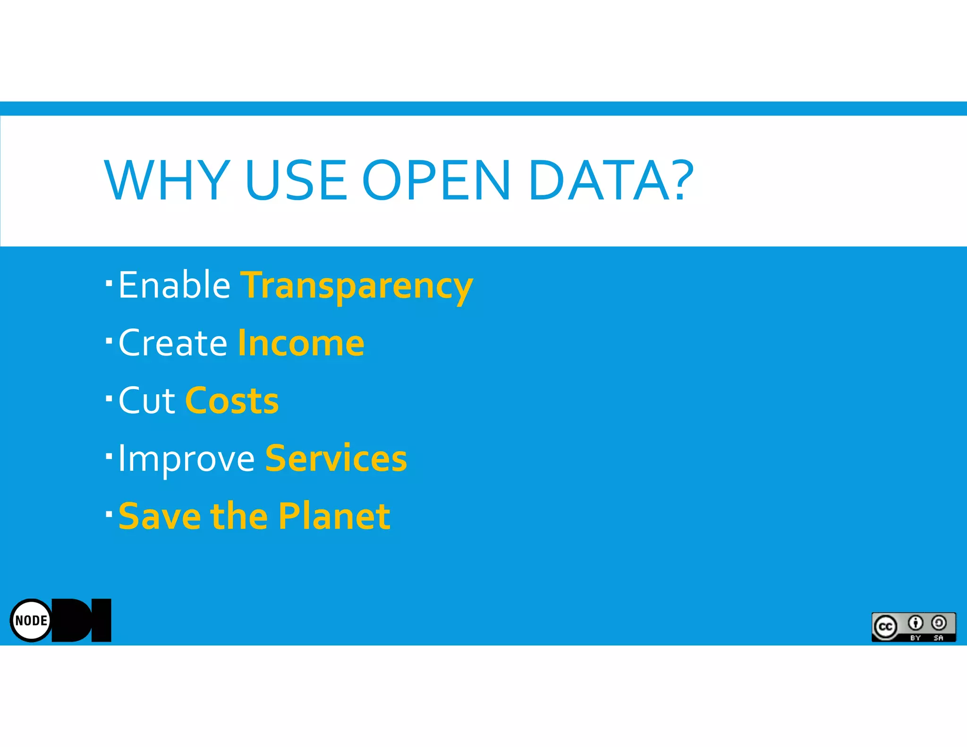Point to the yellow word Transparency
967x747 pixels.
tap(356, 287)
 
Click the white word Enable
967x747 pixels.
tap(174, 285)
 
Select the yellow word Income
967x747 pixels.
tap(301, 343)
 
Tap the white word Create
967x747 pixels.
tap(173, 343)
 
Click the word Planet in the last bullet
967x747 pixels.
tap(334, 516)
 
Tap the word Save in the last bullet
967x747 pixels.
tap(160, 516)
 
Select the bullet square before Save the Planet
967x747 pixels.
tap(109, 513)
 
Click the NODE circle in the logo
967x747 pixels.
tap(31, 620)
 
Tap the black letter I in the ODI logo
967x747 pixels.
tap(101, 620)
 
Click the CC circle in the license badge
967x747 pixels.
tap(885, 627)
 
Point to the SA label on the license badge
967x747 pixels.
tap(938, 638)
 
